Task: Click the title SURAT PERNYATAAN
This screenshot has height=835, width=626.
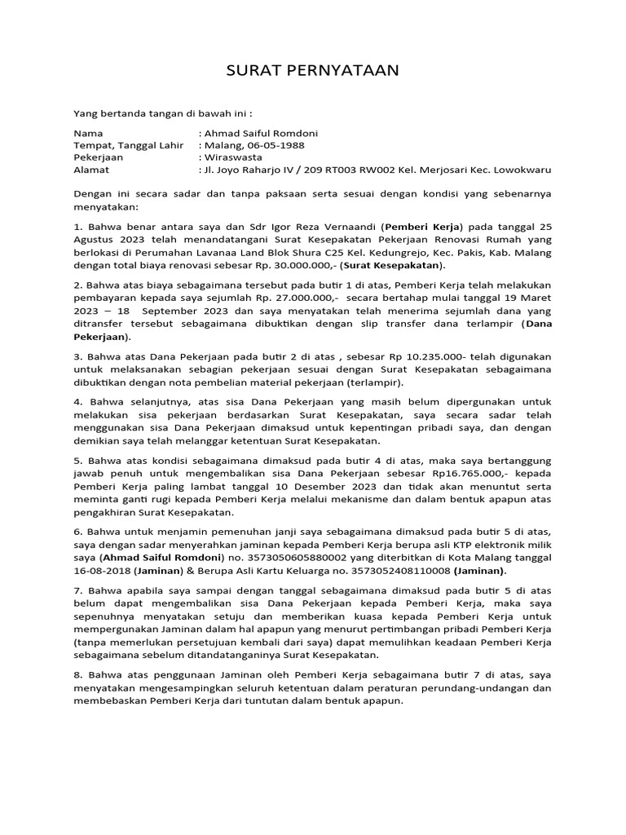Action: tap(312, 70)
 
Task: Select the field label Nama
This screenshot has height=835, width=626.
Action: tap(89, 133)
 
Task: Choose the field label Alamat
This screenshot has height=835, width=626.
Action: tap(91, 170)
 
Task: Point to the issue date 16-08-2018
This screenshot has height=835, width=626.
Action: tap(103, 571)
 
